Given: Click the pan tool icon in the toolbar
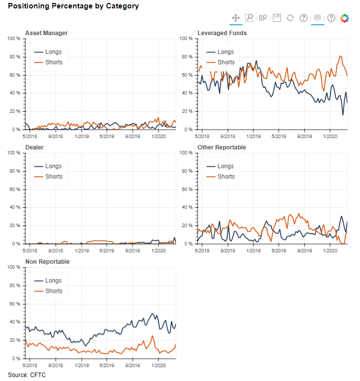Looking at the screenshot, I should [236, 18].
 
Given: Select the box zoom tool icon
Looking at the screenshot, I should [250, 18].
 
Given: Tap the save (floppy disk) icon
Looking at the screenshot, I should [277, 18].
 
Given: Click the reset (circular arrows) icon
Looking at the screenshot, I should [290, 18].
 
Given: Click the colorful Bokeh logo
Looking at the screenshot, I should [344, 18].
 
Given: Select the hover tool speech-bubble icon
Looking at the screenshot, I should [317, 18].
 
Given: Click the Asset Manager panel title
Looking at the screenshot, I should [46, 33].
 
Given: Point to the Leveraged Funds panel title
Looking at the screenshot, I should [222, 33].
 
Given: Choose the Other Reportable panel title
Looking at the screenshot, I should [221, 147].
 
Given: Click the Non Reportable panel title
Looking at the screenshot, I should [47, 262].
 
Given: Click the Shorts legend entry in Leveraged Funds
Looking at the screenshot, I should [226, 62].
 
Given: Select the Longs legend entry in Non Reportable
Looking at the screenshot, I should [53, 281].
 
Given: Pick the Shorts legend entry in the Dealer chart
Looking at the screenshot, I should [53, 177].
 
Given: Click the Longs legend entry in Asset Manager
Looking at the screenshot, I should [53, 52].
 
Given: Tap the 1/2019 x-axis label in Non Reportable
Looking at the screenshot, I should [82, 366].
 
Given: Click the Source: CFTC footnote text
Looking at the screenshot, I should [27, 375].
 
